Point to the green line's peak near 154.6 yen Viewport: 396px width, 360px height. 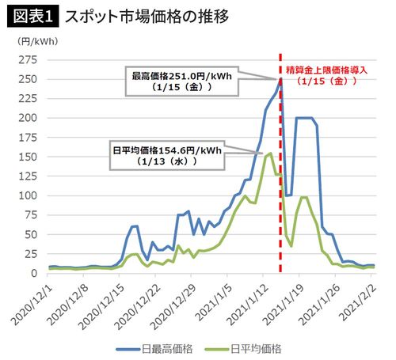(271, 153)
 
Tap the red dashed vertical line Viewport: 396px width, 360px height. (282, 198)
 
